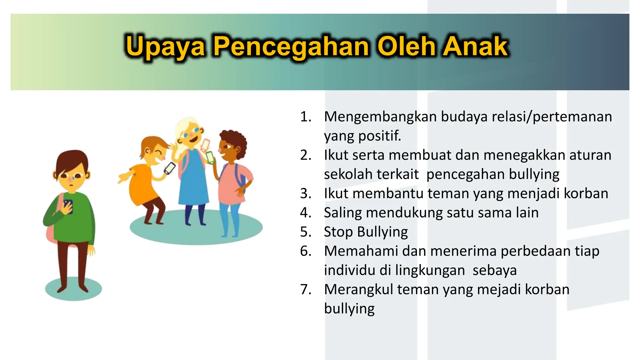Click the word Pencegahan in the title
[x=291, y=47]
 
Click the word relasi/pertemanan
[x=552, y=117]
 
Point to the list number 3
[x=306, y=193]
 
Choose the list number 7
[x=306, y=289]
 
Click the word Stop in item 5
[x=338, y=232]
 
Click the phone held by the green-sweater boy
[x=68, y=206]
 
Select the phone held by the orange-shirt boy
[x=170, y=168]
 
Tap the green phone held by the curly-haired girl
[x=210, y=157]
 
